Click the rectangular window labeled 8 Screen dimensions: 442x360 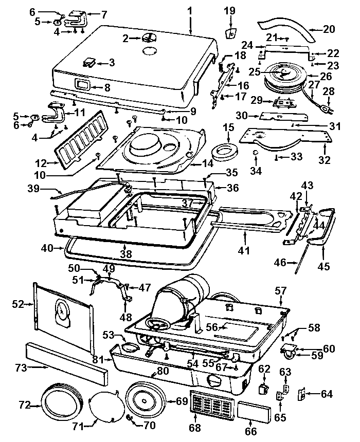coord(83,84)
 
